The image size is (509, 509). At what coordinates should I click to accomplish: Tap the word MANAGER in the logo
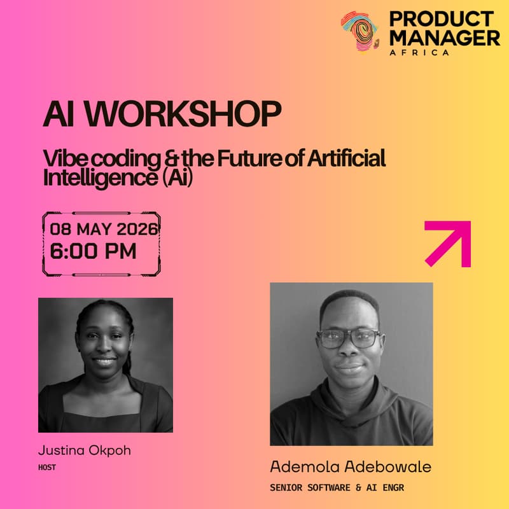444,38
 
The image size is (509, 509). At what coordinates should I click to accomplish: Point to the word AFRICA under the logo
419,52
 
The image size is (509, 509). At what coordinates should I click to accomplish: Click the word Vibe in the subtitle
62,158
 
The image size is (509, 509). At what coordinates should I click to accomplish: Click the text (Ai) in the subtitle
174,178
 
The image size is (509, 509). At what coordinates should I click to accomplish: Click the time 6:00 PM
93,251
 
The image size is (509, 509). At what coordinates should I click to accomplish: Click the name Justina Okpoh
84,451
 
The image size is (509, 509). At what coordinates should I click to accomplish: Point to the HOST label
46,467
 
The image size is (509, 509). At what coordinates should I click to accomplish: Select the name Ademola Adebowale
351,466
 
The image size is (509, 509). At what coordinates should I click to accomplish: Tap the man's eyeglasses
348,338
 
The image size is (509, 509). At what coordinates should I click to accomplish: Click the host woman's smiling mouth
104,361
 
